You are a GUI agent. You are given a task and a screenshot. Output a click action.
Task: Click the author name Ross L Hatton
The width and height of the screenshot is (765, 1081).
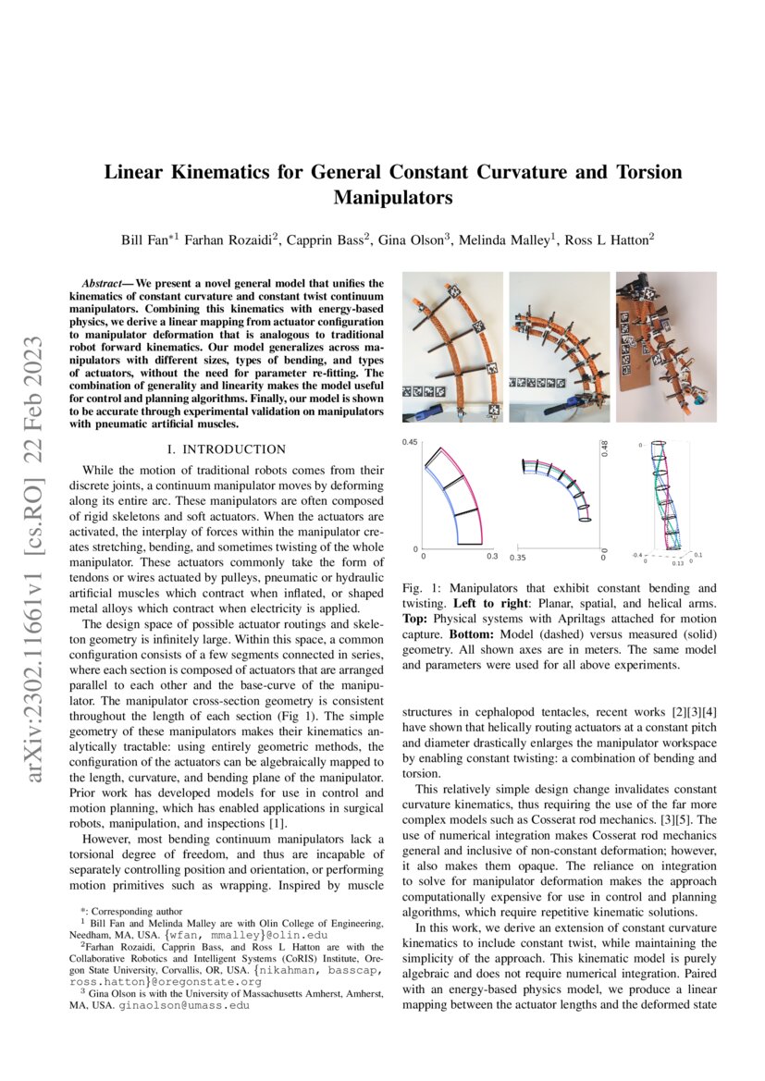614,240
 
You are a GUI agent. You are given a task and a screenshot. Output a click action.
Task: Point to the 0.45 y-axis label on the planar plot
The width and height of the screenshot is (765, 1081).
410,443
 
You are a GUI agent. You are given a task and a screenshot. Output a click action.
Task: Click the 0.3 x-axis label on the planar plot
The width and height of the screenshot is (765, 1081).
492,557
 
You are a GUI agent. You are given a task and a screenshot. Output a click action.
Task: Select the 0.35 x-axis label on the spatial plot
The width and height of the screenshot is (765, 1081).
517,558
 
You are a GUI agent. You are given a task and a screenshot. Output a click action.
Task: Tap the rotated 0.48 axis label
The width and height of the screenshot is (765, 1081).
605,448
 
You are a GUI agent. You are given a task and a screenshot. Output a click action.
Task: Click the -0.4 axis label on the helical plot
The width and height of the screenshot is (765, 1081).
637,555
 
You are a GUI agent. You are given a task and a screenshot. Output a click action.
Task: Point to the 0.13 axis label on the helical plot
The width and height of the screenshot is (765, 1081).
677,562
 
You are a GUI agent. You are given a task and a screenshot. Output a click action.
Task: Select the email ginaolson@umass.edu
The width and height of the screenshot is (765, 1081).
184,1003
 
